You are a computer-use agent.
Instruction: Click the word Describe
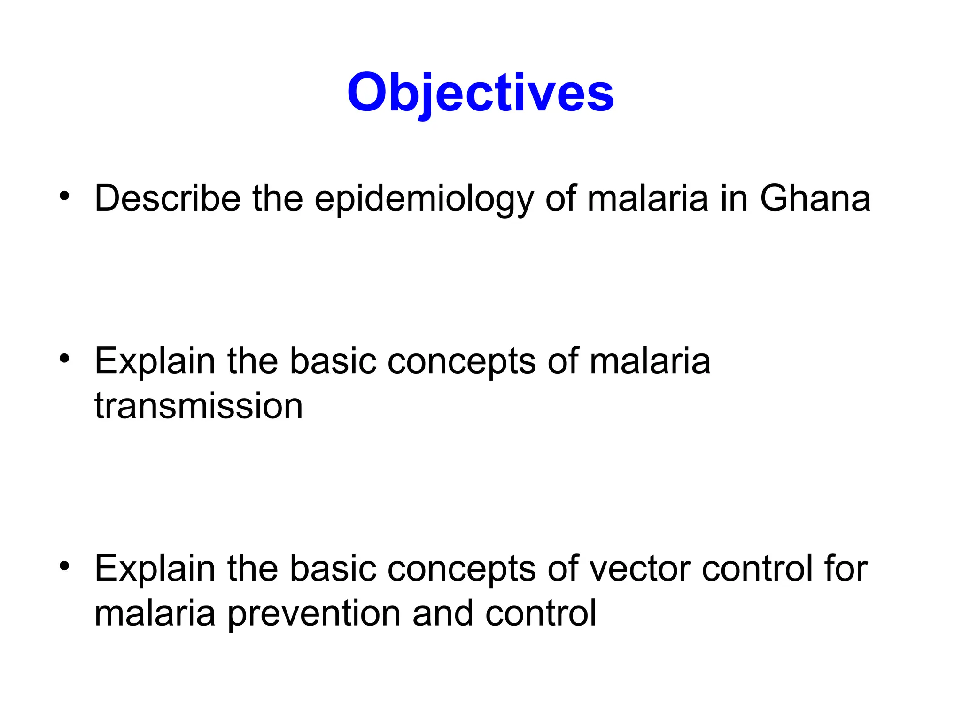167,198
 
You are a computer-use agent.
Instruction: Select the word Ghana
815,198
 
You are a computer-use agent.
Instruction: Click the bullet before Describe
64,196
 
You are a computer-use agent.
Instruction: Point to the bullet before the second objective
64,359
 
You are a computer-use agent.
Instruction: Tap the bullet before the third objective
64,566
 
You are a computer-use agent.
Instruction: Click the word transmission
199,406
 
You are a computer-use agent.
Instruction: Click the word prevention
314,614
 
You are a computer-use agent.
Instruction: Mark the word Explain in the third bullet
155,569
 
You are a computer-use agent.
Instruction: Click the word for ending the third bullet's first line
846,569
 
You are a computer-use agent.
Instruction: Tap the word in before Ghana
734,198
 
